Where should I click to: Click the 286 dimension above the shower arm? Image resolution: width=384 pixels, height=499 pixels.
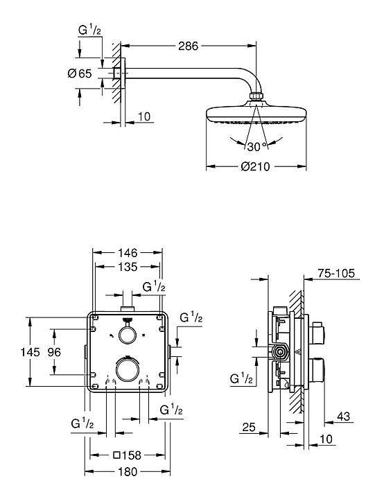coord(188,46)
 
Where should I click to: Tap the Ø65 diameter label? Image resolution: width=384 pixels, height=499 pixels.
coord(80,73)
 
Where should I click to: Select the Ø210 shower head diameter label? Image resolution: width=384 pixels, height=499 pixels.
coord(255,166)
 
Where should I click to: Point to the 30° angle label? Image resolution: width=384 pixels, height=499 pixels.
coord(256,147)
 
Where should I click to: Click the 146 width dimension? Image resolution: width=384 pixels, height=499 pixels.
coord(128,253)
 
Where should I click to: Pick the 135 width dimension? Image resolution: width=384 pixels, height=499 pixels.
coord(128,267)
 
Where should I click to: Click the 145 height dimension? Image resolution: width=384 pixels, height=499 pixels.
coord(30,352)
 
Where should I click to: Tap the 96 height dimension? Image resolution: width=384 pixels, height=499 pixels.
coord(54,352)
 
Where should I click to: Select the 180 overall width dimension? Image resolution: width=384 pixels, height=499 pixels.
coord(128,471)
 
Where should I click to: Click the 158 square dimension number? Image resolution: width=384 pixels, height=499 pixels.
coord(131,455)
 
